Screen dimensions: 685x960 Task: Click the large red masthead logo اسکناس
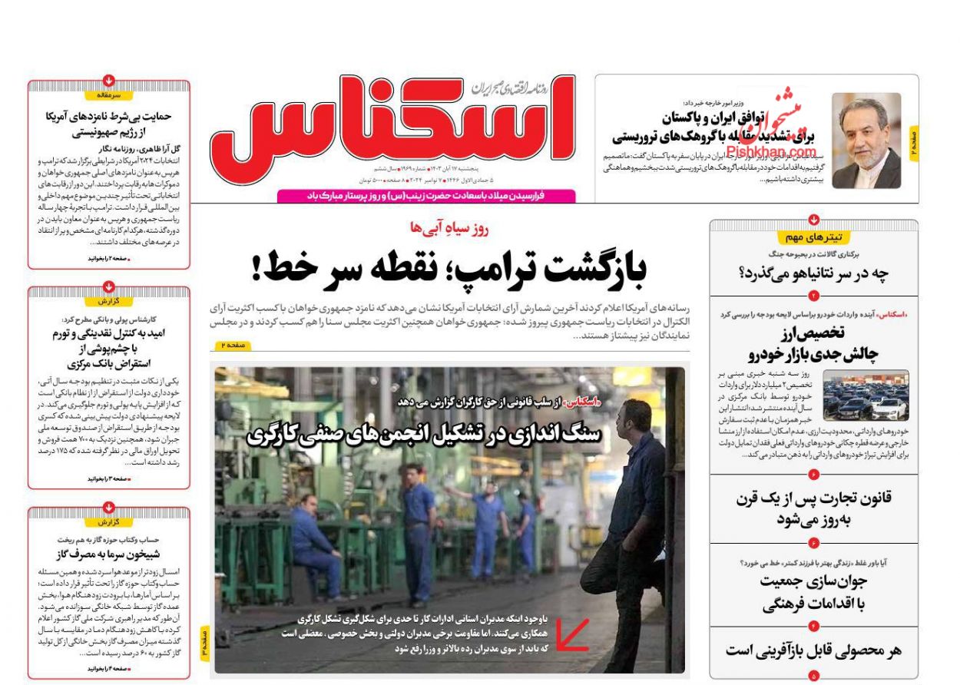click(392, 123)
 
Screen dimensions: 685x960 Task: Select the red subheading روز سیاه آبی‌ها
click(449, 227)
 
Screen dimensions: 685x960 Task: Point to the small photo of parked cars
click(866, 395)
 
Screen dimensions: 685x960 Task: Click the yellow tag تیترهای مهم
click(813, 237)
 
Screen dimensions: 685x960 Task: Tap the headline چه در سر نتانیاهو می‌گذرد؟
click(814, 273)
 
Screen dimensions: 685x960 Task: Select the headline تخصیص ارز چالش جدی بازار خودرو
click(814, 343)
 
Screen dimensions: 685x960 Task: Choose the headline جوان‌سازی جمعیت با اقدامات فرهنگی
click(814, 592)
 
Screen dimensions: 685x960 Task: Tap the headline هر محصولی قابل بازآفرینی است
click(814, 650)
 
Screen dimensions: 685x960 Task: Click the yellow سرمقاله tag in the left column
click(109, 95)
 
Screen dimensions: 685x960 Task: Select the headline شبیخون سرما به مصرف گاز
click(108, 554)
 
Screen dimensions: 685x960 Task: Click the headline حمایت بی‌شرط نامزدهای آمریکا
click(108, 124)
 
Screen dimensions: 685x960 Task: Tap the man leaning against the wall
click(626, 522)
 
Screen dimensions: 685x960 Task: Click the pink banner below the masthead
click(425, 197)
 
